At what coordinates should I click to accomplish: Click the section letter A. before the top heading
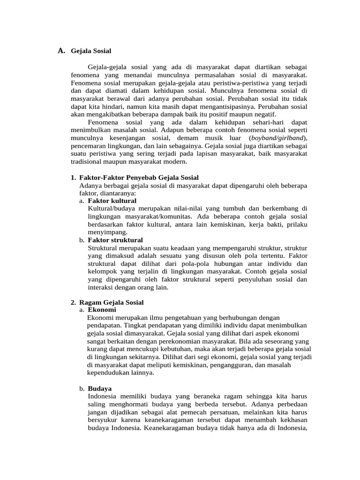[x=61, y=51]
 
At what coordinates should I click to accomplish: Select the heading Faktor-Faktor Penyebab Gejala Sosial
[x=139, y=177]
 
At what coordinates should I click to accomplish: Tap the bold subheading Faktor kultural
[x=112, y=201]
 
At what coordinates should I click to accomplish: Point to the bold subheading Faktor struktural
[x=115, y=240]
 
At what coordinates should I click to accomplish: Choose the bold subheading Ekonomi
[x=102, y=310]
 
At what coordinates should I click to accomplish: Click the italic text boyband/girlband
[x=277, y=138]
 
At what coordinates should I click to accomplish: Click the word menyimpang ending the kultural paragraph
[x=107, y=232]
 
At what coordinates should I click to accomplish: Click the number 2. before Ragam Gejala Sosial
[x=73, y=302]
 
